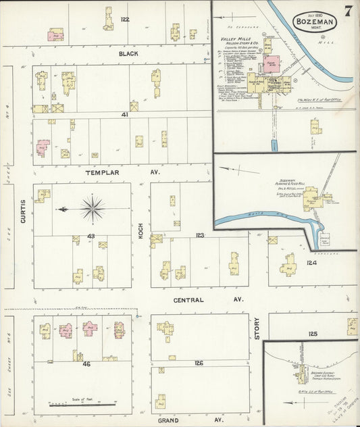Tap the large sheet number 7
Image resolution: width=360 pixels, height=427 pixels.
(x=347, y=11)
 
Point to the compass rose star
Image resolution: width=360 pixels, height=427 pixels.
(x=93, y=209)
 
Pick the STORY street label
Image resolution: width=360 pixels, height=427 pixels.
(x=257, y=328)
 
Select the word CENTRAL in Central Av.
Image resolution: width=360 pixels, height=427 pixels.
(x=189, y=299)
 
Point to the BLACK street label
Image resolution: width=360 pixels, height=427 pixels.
(x=128, y=53)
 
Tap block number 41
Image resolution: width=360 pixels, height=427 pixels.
(x=125, y=115)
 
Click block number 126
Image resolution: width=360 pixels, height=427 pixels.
(x=198, y=363)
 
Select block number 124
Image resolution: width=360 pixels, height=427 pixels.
(x=311, y=262)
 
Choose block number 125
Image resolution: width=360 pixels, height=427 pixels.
(x=313, y=334)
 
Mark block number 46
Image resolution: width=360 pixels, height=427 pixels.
(x=86, y=363)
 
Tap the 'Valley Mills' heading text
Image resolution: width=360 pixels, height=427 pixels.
(x=236, y=40)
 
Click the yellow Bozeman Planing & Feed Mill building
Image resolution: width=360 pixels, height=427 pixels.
(x=313, y=201)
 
